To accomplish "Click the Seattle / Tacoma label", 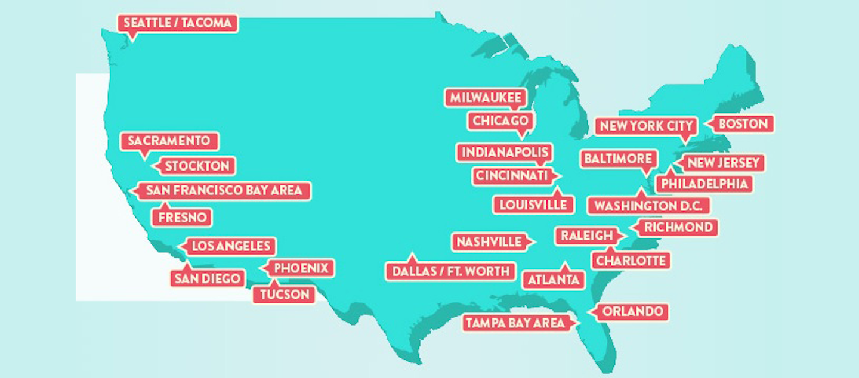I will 178,23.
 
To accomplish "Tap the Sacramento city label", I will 169,141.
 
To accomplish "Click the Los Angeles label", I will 230,246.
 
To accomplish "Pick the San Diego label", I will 206,278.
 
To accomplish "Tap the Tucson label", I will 284,295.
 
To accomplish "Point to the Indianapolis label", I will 504,152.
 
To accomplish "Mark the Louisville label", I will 533,205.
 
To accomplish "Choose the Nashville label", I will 489,242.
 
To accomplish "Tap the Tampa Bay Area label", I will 515,323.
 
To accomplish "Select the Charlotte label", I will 631,261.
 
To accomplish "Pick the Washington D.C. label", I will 649,206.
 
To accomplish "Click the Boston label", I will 743,124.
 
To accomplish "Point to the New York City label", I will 646,126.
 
